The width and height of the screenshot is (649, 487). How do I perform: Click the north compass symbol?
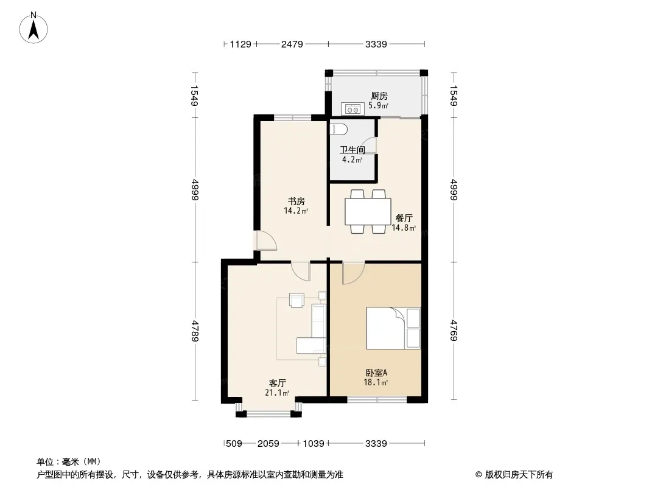tap(35, 27)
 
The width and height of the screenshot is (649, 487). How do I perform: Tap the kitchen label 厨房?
tap(379, 96)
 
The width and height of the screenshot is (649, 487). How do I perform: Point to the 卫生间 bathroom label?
tap(352, 150)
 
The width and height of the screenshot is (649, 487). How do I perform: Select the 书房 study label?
tap(296, 201)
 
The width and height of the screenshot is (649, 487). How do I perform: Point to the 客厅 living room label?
tap(278, 383)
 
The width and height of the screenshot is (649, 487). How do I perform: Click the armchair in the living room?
tap(297, 300)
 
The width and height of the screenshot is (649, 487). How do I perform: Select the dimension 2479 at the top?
tap(292, 44)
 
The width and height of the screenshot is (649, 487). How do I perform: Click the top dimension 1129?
tap(240, 44)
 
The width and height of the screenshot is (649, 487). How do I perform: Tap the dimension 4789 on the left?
tap(194, 331)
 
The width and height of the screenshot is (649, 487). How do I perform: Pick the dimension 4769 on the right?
tap(454, 331)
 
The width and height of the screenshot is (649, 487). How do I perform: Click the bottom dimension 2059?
tap(267, 444)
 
